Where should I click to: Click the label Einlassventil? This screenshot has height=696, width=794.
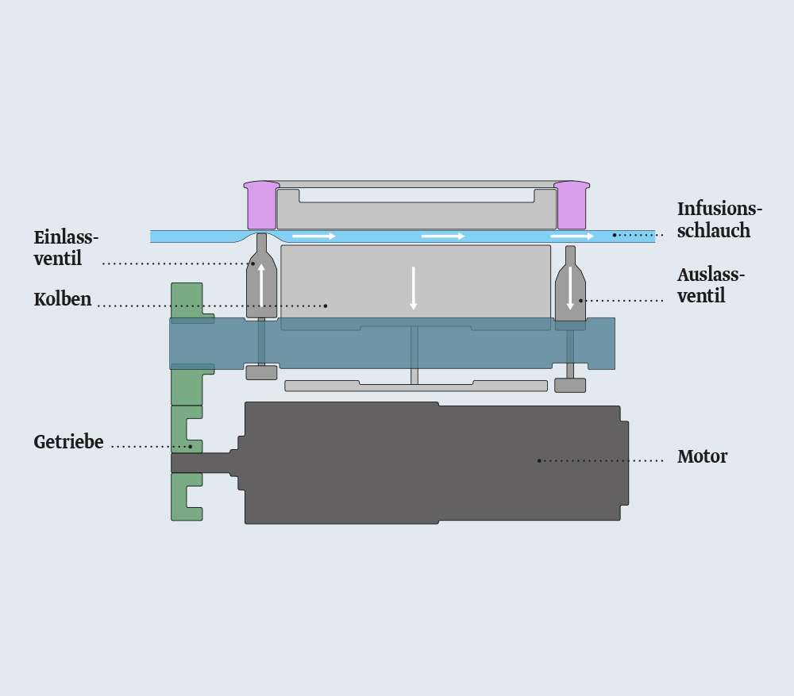click(66, 248)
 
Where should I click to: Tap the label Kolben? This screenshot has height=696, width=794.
click(63, 299)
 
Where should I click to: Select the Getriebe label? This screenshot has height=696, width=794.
click(68, 442)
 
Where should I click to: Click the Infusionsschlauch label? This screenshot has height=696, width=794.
click(719, 219)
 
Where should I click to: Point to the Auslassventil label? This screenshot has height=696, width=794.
click(711, 285)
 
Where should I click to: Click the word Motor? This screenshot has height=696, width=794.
click(703, 456)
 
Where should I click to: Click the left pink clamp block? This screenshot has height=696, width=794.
click(262, 205)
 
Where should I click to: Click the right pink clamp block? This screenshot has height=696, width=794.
click(572, 205)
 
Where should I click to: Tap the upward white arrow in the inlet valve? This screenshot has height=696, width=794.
click(261, 285)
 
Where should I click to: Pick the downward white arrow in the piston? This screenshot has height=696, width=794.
click(413, 288)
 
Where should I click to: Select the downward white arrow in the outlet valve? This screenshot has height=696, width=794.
click(570, 289)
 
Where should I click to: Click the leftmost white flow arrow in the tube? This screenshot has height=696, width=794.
click(314, 236)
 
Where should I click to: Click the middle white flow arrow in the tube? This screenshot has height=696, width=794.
click(443, 236)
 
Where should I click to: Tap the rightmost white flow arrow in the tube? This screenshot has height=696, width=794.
click(572, 236)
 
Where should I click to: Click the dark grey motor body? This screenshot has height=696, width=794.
click(433, 463)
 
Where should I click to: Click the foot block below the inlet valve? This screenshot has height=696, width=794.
click(261, 372)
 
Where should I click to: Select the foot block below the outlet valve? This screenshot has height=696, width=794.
click(570, 385)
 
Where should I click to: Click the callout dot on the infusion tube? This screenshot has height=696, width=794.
click(615, 235)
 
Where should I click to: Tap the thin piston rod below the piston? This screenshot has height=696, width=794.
click(414, 355)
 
